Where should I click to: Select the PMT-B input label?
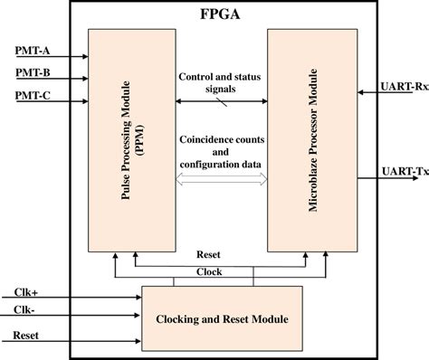coord(33,71)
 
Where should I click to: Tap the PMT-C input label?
coord(33,95)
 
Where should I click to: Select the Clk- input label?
coord(26,313)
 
